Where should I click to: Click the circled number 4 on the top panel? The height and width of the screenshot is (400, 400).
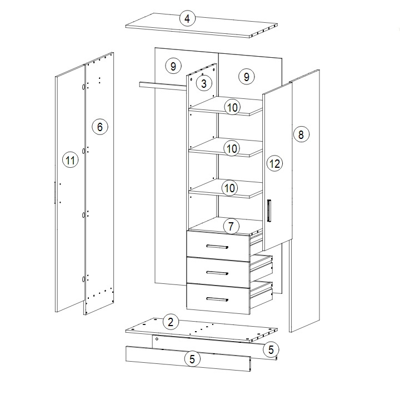(x=188, y=19)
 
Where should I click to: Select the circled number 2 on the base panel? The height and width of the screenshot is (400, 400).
(x=171, y=322)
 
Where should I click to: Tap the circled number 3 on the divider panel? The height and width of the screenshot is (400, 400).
(x=204, y=83)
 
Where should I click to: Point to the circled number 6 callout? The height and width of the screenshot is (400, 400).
(x=100, y=127)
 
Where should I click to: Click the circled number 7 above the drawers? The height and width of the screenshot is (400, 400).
(x=231, y=226)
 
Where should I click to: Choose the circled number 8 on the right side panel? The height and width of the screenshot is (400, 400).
(x=301, y=134)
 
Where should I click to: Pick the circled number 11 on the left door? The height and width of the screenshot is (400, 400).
(x=71, y=160)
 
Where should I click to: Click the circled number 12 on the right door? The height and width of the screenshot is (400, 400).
(x=275, y=163)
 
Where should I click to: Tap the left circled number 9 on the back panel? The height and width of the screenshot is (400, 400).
(x=173, y=66)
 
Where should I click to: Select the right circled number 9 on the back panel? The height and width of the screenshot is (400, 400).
(x=247, y=77)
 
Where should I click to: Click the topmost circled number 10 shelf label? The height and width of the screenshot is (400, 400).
(x=232, y=107)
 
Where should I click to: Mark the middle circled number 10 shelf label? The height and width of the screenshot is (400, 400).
(x=232, y=148)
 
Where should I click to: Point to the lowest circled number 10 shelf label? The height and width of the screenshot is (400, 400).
(x=230, y=188)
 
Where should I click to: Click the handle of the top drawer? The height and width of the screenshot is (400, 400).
(x=217, y=247)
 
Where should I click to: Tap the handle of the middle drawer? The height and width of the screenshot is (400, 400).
(x=217, y=273)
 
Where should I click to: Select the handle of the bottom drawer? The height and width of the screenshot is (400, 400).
(x=217, y=299)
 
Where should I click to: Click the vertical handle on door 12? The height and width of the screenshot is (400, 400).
(x=269, y=210)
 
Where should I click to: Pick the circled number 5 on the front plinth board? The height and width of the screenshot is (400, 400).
(x=192, y=359)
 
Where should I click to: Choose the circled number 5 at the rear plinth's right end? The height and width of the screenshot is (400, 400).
(x=271, y=349)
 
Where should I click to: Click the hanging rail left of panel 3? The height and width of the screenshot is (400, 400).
(x=163, y=86)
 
